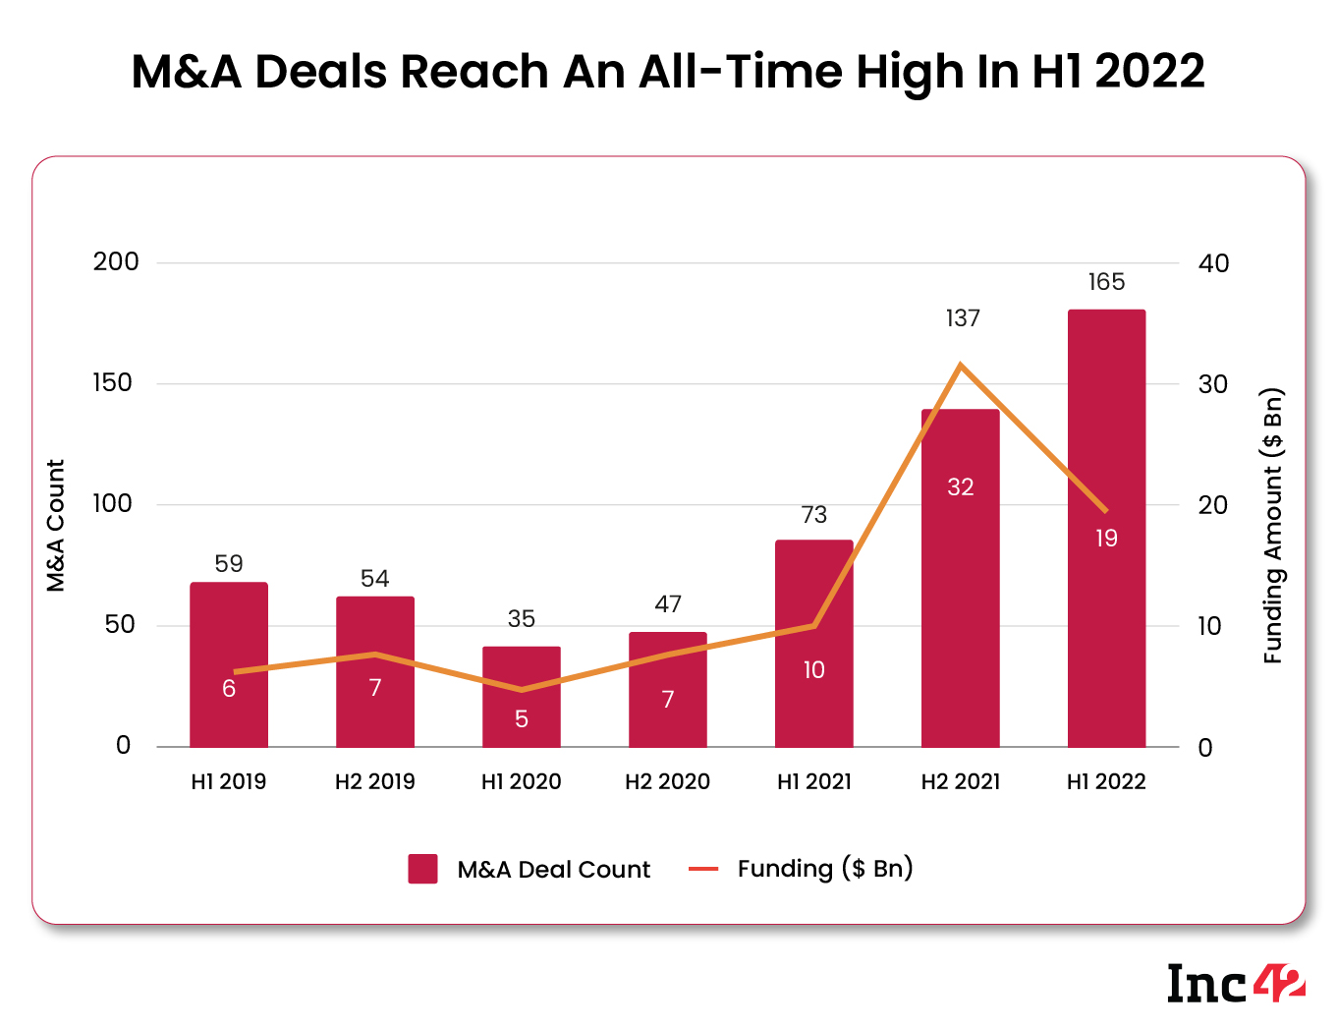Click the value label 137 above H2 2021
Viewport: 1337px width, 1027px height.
962,318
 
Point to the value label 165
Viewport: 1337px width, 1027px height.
1106,282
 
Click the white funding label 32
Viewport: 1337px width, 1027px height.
960,486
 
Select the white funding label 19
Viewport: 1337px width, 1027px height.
1106,538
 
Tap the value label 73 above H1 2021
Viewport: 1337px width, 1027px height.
813,515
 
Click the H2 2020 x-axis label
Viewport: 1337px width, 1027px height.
667,781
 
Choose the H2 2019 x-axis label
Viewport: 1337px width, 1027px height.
374,781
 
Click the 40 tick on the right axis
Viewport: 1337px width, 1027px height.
1213,263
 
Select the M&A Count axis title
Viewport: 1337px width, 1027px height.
56,526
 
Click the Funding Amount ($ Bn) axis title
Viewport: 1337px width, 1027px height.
1273,526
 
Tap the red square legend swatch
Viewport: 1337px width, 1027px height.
422,869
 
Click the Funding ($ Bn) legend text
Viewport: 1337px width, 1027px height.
824,869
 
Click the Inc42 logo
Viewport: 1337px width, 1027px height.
1235,983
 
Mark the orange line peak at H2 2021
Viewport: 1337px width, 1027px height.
960,365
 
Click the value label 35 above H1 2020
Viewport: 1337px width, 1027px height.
521,619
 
